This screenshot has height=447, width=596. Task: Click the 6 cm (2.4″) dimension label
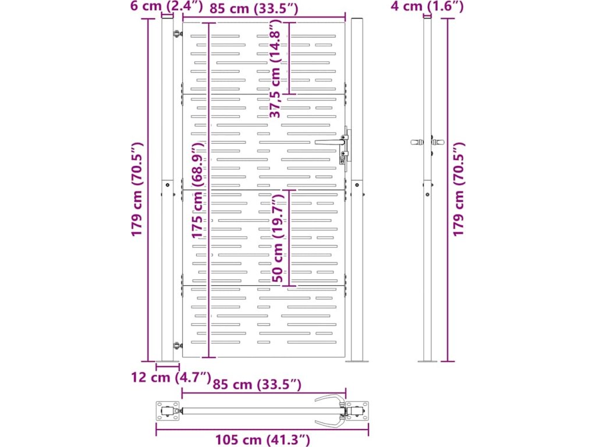[166, 7]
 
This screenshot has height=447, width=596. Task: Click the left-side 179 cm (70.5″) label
[137, 190]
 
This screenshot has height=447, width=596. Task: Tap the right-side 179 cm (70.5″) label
[459, 190]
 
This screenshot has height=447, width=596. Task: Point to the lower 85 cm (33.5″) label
[257, 385]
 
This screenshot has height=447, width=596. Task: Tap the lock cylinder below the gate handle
[342, 157]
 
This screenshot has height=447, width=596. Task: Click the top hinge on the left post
[175, 33]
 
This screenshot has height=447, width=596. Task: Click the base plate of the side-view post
[428, 361]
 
